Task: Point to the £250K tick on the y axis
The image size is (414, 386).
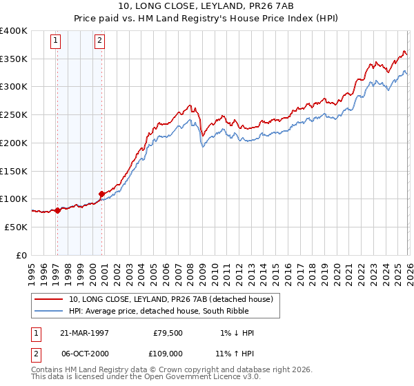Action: point(14,115)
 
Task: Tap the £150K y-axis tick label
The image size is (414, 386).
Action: point(14,171)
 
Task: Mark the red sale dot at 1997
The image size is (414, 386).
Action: point(57,210)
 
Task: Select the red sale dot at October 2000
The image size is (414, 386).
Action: point(101,194)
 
